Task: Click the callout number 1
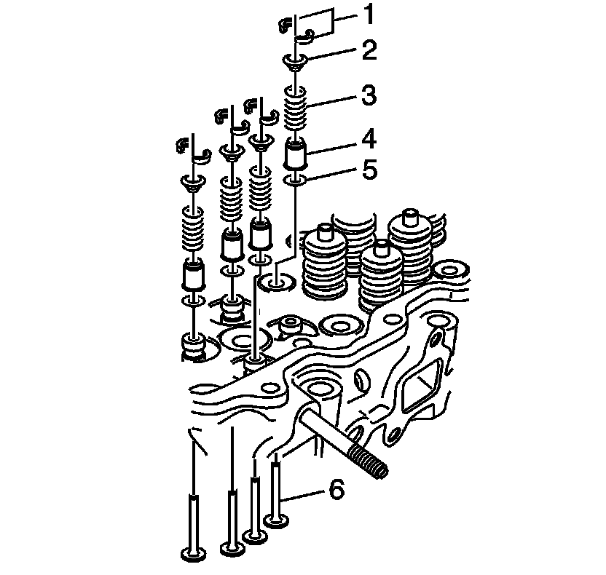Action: pos(369,15)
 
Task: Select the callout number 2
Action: pos(369,50)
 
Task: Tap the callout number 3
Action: pos(369,95)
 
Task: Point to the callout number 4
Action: pos(369,139)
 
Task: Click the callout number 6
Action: pos(336,490)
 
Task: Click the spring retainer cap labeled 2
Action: pos(296,62)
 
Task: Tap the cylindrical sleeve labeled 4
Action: pos(296,154)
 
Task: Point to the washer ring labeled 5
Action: pos(296,180)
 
